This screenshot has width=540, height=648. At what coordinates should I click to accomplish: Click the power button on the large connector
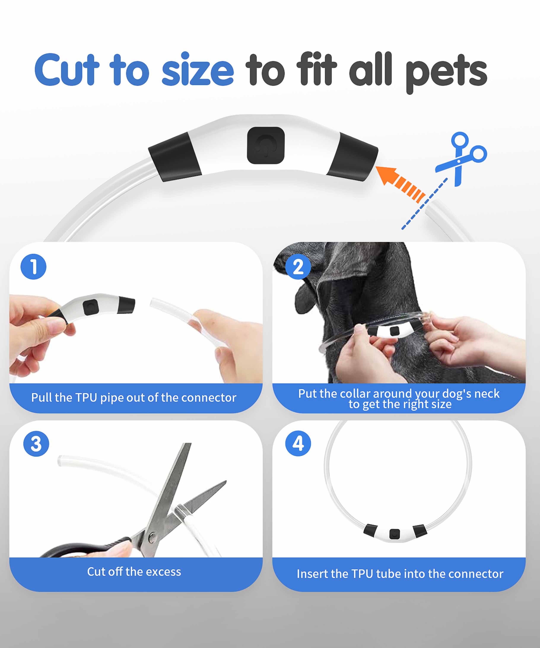(x=266, y=145)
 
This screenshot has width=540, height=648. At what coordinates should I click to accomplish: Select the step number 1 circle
(x=33, y=267)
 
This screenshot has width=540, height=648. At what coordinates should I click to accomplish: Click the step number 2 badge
(x=298, y=267)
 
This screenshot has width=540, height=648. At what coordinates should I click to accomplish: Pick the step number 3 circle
(x=36, y=444)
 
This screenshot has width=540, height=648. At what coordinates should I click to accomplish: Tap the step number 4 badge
(x=298, y=443)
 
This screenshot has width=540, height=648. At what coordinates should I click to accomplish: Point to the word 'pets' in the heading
(x=446, y=73)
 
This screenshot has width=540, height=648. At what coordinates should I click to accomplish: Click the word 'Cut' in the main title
(x=67, y=69)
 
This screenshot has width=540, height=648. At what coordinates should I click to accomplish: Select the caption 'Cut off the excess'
(x=134, y=572)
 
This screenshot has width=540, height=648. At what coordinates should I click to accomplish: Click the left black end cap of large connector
(x=175, y=157)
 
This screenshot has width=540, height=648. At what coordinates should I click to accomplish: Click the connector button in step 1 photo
(x=91, y=307)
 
